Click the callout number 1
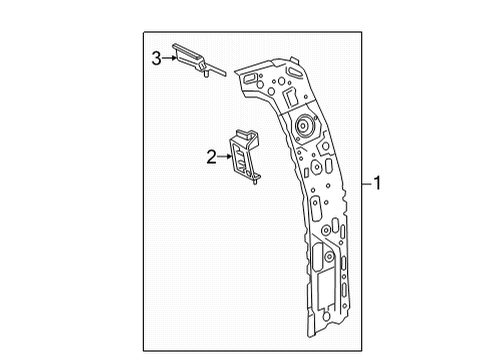point(378,183)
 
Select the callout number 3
point(156,59)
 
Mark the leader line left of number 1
point(366,183)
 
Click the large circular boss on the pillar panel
point(304,127)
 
